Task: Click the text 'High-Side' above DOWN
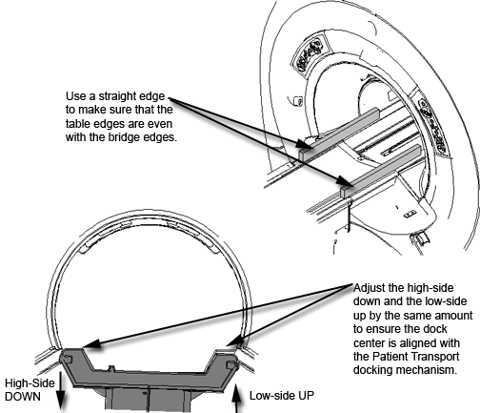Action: pyautogui.click(x=30, y=383)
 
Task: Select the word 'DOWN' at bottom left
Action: pyautogui.click(x=23, y=397)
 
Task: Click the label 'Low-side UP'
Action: pyautogui.click(x=282, y=396)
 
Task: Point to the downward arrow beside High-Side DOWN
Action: pyautogui.click(x=60, y=390)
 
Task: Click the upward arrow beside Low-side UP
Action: pyautogui.click(x=235, y=399)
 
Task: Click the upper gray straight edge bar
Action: pyautogui.click(x=339, y=133)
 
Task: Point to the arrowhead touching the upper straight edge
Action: pyautogui.click(x=302, y=144)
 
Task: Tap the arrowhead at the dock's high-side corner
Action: pyautogui.click(x=90, y=344)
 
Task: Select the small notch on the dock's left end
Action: pyautogui.click(x=68, y=359)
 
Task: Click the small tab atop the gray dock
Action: pyautogui.click(x=110, y=368)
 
